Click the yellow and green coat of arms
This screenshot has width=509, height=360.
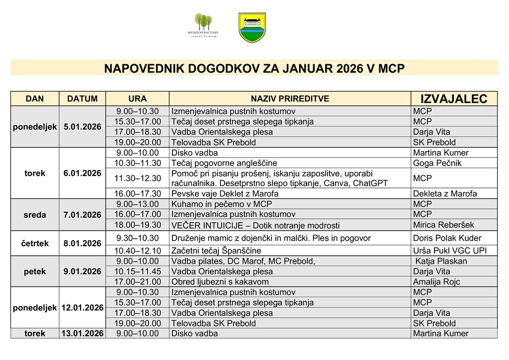252,28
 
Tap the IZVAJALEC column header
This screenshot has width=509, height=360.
454,98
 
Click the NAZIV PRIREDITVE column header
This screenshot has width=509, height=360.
290,99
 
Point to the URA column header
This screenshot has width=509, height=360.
137,99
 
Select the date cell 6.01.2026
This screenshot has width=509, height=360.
83,173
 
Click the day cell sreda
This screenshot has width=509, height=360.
35,215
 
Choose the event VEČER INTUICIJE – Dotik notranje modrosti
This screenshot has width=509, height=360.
255,225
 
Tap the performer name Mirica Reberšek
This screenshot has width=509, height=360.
443,225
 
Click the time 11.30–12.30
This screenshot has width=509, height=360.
138,178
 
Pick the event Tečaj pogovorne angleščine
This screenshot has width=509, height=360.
224,163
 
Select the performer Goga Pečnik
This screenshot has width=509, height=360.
437,163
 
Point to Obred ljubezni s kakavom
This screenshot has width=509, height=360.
220,282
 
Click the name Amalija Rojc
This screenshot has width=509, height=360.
436,282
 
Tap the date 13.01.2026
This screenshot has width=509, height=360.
83,334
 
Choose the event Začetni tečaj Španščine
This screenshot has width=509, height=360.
216,251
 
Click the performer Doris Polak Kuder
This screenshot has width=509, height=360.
447,238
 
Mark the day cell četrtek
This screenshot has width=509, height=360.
35,244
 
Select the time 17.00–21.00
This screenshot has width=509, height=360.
138,282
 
